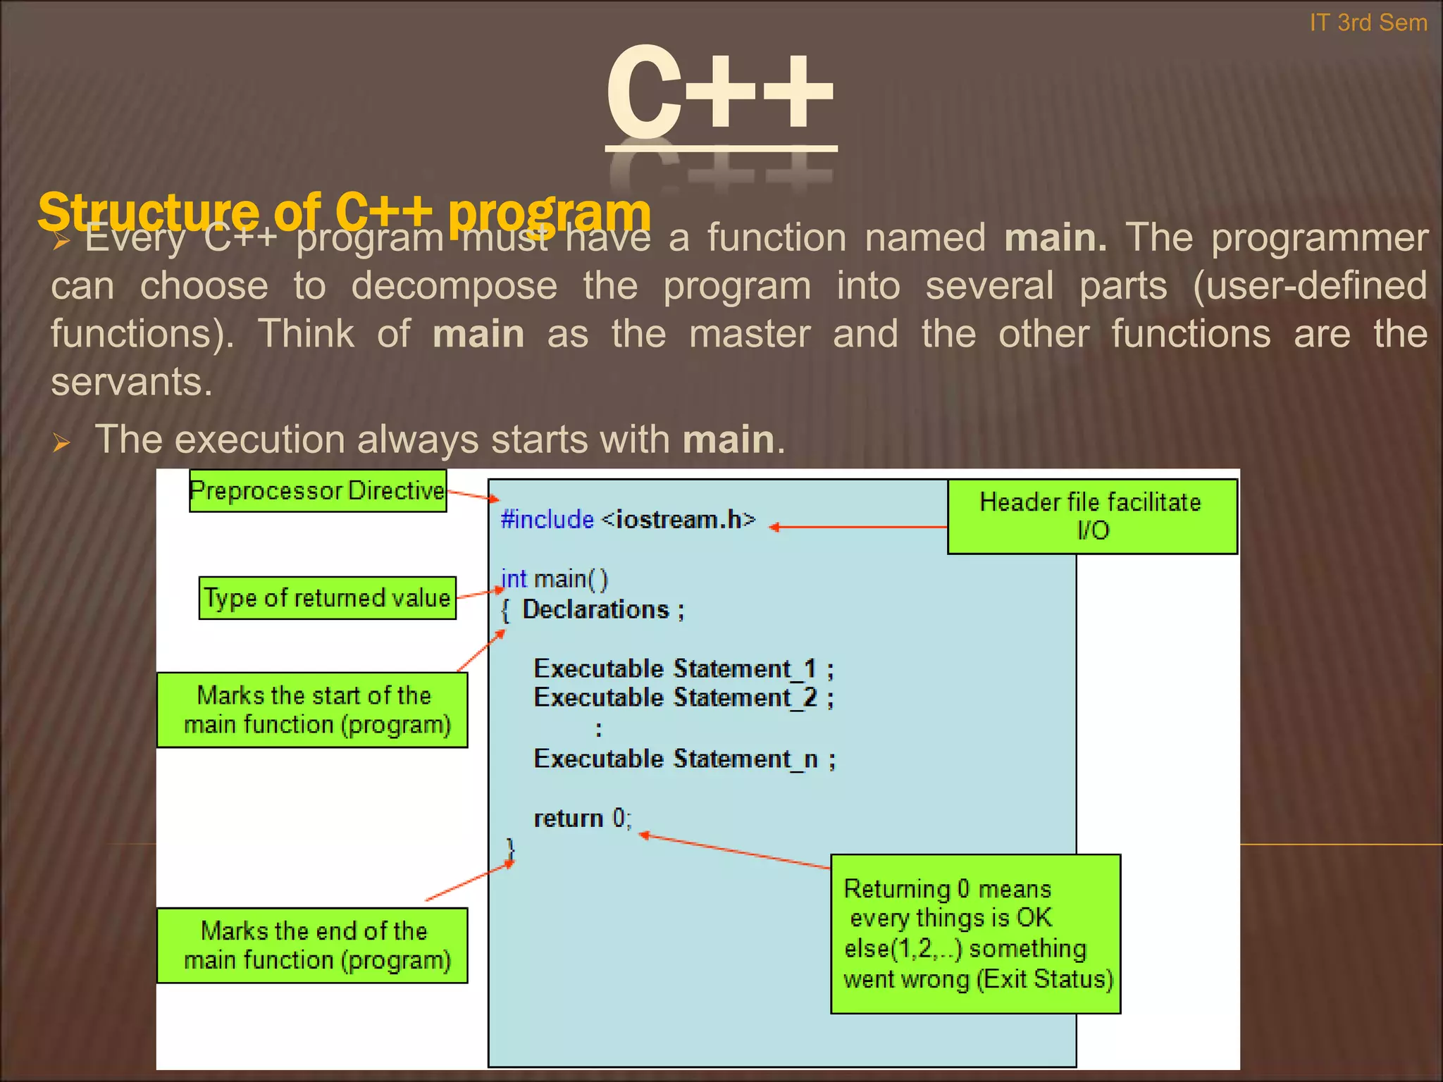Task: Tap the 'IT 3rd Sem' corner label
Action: click(x=1368, y=23)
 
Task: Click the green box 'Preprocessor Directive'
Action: click(x=318, y=490)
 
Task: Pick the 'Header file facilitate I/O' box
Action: click(x=1091, y=516)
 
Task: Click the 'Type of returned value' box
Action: click(x=328, y=598)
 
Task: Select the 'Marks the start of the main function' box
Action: click(x=312, y=709)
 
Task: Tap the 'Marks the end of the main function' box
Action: click(x=312, y=945)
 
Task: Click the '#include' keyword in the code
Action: click(x=547, y=519)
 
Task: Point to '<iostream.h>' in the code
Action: click(x=679, y=519)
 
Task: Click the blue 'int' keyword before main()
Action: click(x=513, y=579)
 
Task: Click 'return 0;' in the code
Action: click(x=582, y=819)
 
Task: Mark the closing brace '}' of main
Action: click(x=511, y=848)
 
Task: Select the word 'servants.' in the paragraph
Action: click(x=131, y=383)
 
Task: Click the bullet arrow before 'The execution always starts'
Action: click(x=61, y=443)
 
